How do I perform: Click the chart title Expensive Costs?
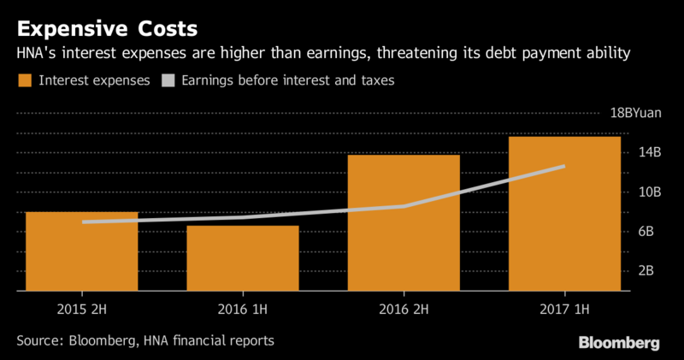[x=108, y=27]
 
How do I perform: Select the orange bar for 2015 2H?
[x=82, y=252]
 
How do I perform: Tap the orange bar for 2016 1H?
[x=243, y=258]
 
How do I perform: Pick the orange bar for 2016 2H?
[x=404, y=224]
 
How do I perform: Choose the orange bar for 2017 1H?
[x=564, y=214]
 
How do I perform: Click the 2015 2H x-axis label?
[x=82, y=307]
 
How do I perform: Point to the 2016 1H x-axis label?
[x=243, y=307]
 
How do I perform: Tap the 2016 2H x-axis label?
[x=404, y=307]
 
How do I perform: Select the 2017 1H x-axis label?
[x=564, y=307]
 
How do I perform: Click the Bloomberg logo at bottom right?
[x=620, y=342]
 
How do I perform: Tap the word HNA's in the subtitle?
[x=37, y=54]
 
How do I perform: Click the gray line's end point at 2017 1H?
[x=564, y=166]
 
